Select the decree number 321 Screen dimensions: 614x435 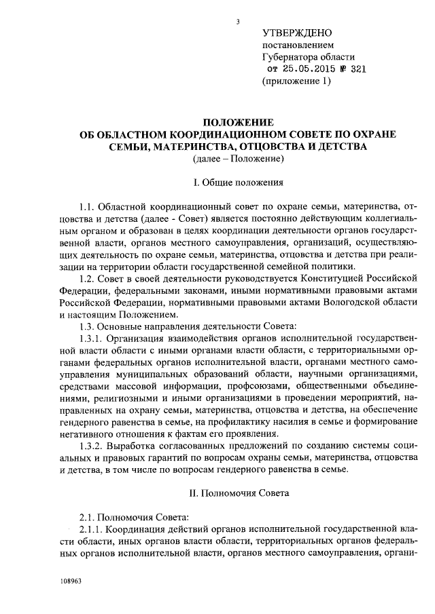pos(359,70)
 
